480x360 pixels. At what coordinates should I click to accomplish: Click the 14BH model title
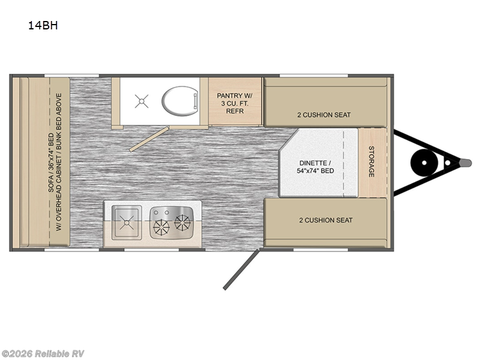[43, 25]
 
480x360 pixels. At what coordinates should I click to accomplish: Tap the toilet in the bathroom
[179, 101]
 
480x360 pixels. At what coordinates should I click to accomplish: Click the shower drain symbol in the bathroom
[142, 101]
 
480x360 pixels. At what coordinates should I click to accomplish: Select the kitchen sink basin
[127, 223]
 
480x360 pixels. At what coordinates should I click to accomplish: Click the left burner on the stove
[161, 228]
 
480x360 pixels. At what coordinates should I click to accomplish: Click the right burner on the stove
[182, 222]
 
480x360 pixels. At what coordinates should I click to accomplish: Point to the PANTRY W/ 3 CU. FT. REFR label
[235, 103]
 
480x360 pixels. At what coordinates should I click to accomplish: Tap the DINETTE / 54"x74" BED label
[316, 167]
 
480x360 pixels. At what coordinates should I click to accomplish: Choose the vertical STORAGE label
[371, 161]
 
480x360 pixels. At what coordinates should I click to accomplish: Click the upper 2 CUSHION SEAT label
[324, 115]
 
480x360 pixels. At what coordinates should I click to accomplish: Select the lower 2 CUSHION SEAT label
[326, 220]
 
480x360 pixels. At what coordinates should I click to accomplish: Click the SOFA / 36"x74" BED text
[51, 163]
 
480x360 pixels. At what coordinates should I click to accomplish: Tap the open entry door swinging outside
[241, 269]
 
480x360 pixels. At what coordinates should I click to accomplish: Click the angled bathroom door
[149, 139]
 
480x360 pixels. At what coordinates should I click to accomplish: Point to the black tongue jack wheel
[424, 163]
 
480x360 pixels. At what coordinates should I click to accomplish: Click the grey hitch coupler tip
[466, 163]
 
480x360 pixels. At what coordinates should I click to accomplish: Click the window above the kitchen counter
[151, 250]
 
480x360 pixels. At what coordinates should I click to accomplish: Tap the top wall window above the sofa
[71, 76]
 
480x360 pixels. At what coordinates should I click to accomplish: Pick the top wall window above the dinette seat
[314, 76]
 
